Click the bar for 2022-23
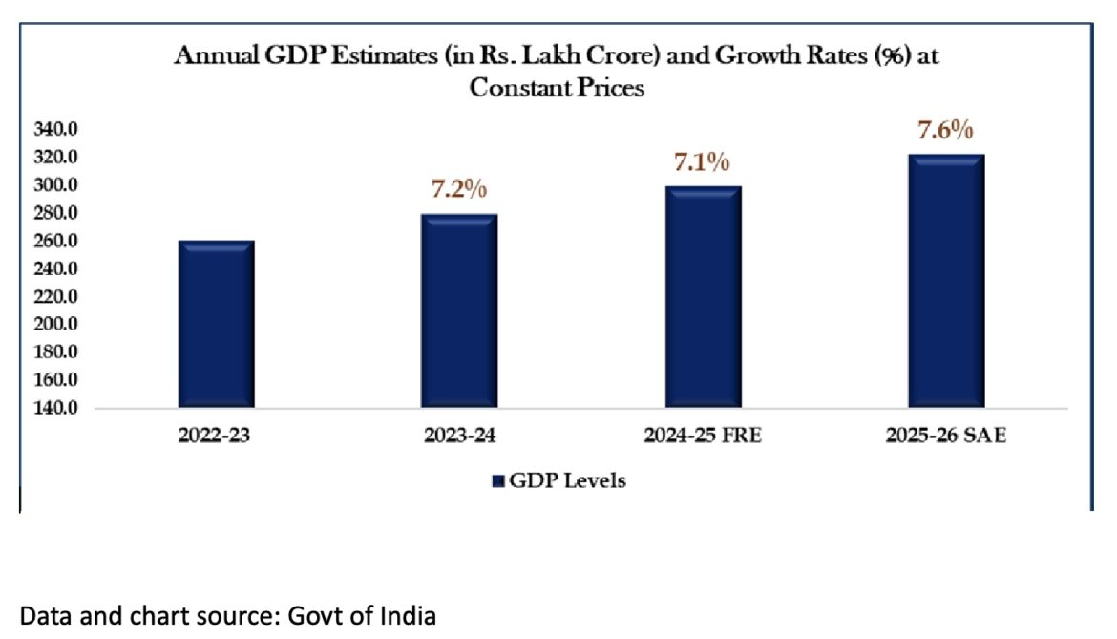tap(216, 325)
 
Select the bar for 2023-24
tap(458, 311)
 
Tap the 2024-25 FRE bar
tap(703, 297)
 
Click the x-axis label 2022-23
tap(216, 437)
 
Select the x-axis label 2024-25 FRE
tap(703, 437)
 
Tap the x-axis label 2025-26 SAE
tap(945, 437)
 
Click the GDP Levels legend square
tap(497, 481)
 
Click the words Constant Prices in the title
tap(558, 88)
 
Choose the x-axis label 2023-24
tap(459, 437)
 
